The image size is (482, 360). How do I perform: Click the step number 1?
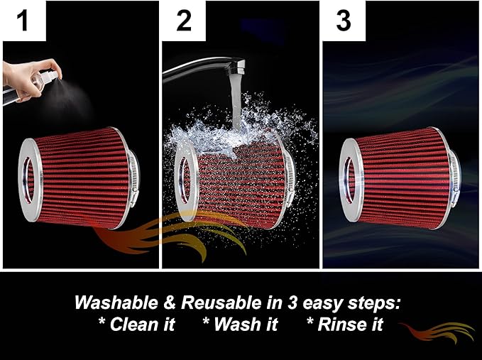click(x=23, y=20)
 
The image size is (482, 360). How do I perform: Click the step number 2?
click(x=184, y=20)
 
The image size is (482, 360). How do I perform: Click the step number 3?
click(x=344, y=20)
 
